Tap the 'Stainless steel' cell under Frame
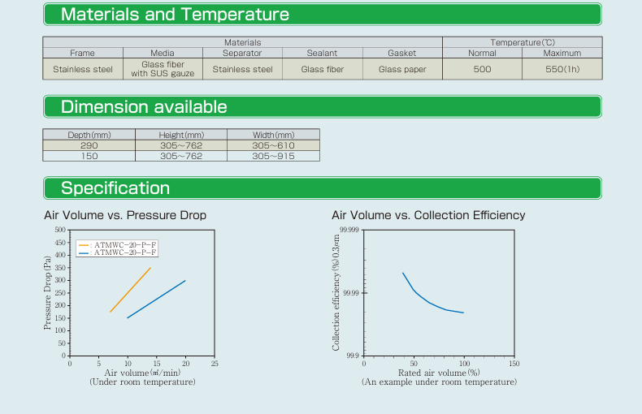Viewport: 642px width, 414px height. (x=83, y=70)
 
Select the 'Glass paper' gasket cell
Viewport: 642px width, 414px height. (x=402, y=70)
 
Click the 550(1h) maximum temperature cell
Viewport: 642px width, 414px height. (x=562, y=70)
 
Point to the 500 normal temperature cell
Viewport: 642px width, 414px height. (x=482, y=70)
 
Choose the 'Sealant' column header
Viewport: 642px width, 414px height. (x=322, y=53)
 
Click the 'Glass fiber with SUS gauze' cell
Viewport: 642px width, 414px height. (x=163, y=70)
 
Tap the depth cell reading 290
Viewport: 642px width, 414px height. (x=89, y=145)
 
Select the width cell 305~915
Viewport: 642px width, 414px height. (x=273, y=156)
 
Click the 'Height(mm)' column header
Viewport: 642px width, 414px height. (x=181, y=135)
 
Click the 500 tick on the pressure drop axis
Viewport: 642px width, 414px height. (x=59, y=231)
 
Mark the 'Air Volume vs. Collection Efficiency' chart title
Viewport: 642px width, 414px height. (x=428, y=215)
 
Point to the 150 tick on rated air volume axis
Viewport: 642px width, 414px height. (x=514, y=364)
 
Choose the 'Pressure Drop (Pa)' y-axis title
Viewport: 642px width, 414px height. (x=47, y=292)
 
